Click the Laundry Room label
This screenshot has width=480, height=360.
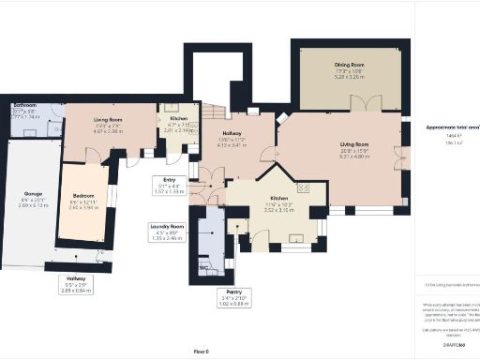pos(165,227)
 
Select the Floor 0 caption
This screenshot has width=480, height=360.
pos(200,351)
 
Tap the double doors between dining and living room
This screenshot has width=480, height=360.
pos(373,105)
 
